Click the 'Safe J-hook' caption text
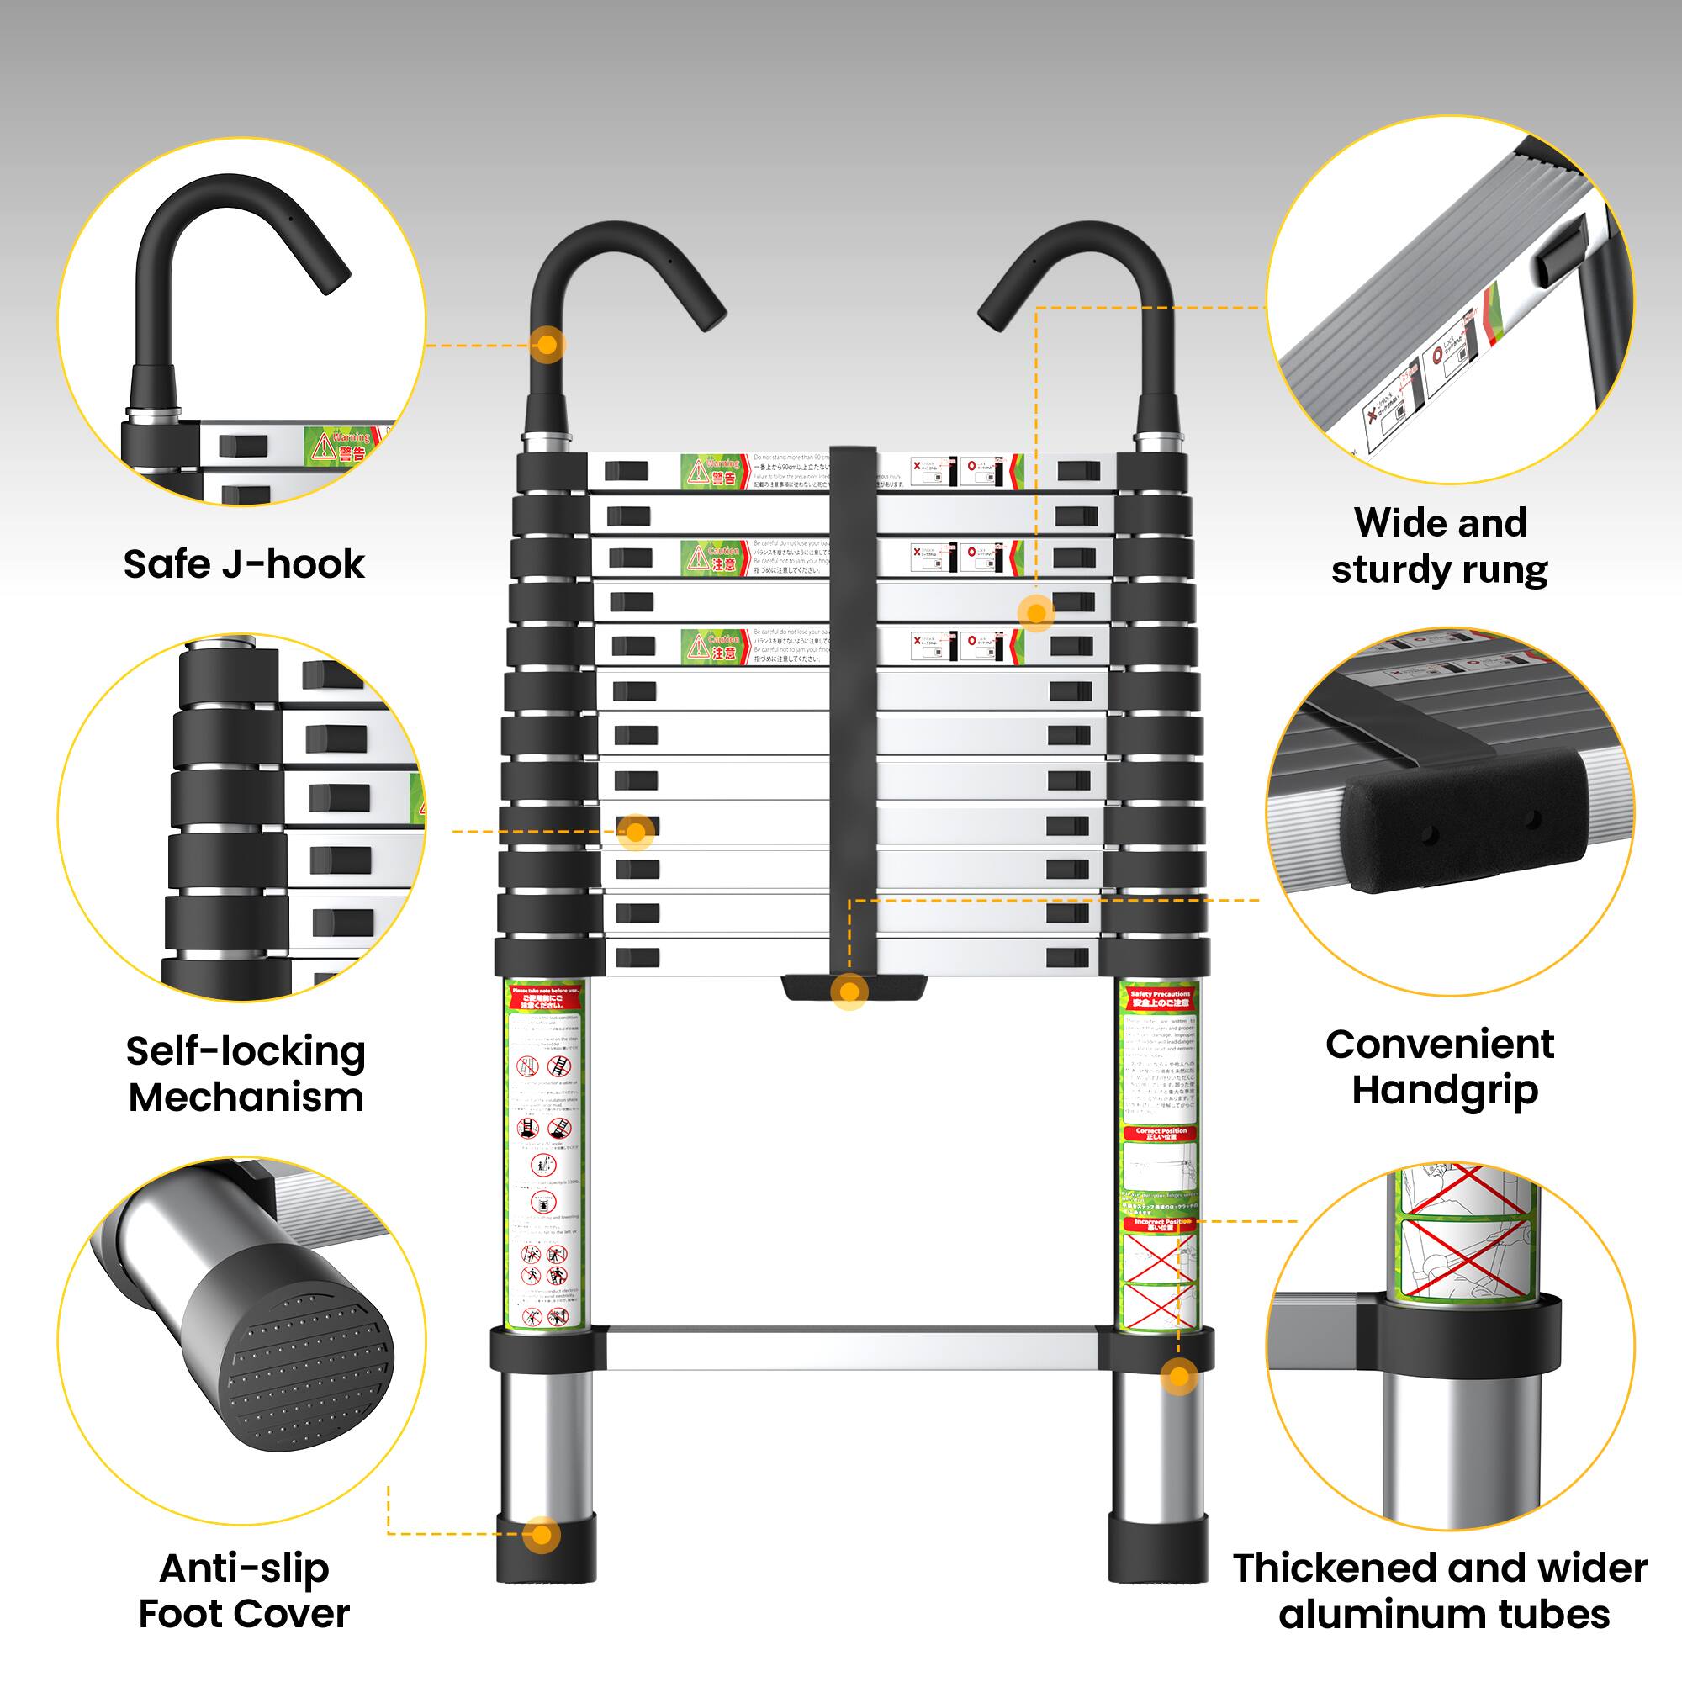coord(244,564)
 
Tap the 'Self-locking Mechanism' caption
coord(246,1073)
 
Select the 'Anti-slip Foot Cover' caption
coord(244,1590)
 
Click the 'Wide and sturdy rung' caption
coord(1440,546)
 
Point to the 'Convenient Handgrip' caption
coord(1440,1066)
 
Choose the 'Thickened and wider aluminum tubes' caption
coord(1440,1590)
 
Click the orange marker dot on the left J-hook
coord(547,345)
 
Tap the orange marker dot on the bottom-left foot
coord(542,1534)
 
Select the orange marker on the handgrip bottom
coord(849,991)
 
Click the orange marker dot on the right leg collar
coord(1179,1377)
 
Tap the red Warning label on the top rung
coord(714,471)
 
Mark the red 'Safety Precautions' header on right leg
coord(1160,997)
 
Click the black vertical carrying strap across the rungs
coord(852,696)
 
